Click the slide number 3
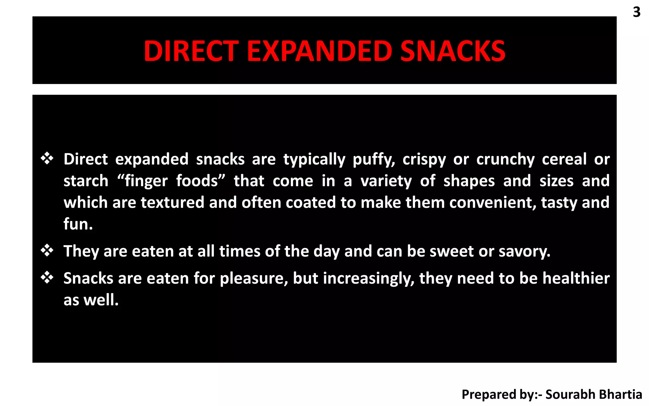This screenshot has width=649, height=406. [x=637, y=12]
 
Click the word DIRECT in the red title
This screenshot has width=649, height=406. [x=191, y=51]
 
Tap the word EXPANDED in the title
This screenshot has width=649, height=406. [x=319, y=51]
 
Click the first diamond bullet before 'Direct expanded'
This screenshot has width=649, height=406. [x=47, y=158]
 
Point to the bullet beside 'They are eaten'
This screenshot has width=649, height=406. [x=47, y=251]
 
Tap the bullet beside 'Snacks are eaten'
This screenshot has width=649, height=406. [x=47, y=278]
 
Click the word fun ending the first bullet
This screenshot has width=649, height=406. [x=78, y=224]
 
